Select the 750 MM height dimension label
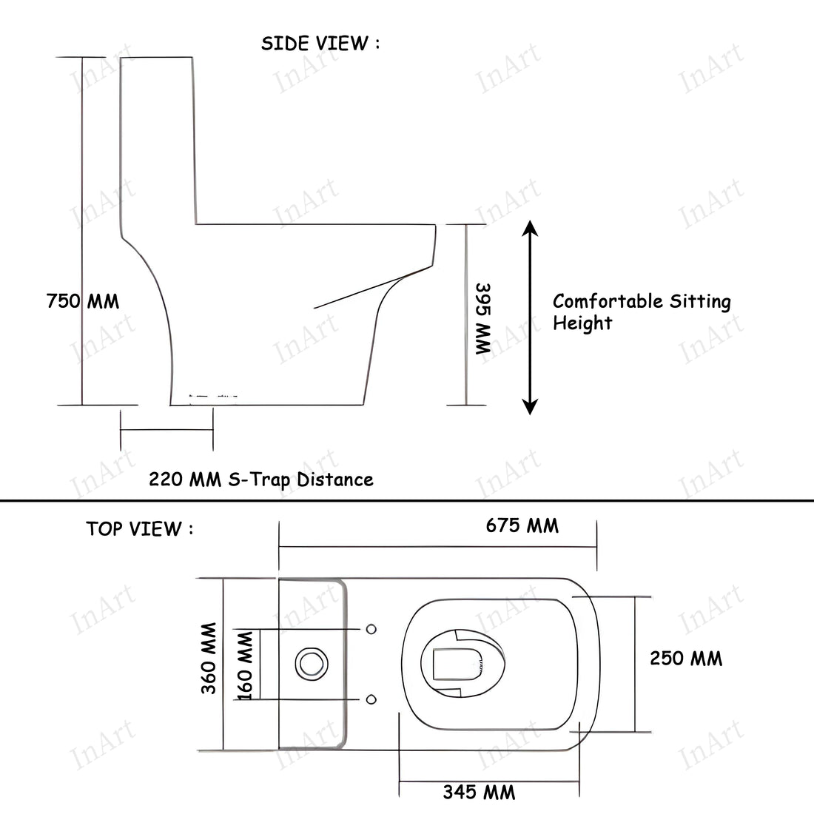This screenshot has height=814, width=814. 82,302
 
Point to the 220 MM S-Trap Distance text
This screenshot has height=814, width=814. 261,480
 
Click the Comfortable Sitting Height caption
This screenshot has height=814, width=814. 641,312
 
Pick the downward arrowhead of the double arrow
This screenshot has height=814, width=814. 529,406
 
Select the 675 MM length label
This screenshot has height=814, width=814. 522,525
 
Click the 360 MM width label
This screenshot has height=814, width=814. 209,658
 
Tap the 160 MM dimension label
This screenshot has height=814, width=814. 246,664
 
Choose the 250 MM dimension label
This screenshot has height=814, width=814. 686,658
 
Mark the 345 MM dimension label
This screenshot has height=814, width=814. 479,793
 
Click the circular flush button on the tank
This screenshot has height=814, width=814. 310,664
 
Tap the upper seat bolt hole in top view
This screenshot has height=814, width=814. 371,628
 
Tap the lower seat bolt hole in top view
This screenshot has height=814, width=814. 371,699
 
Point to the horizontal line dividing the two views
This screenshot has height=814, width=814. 407,501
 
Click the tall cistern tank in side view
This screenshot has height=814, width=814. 157,141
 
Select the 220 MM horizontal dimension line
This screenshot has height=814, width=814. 166,430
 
